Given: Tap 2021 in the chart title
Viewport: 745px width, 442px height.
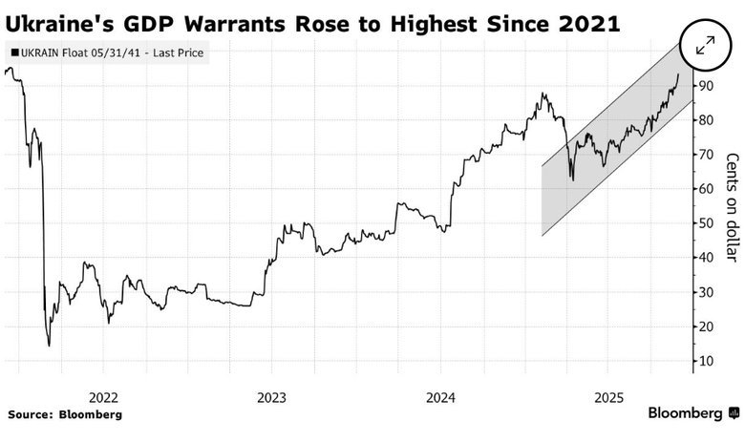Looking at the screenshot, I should point(583,21).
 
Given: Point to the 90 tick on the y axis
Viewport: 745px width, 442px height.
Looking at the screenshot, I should point(706,86).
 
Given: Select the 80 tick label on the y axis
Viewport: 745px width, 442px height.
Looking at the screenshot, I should point(706,120).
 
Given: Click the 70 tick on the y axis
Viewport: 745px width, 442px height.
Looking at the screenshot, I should point(706,155).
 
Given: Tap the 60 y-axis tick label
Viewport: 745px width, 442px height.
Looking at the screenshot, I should point(706,189).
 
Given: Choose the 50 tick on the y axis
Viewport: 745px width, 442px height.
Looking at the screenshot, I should point(706,223).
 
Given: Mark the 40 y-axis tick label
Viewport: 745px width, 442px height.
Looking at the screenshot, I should point(706,258).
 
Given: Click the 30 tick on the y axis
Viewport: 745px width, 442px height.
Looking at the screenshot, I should point(706,292).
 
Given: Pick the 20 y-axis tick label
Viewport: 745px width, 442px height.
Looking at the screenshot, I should point(706,326).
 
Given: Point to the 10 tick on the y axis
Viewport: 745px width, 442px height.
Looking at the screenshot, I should point(706,361).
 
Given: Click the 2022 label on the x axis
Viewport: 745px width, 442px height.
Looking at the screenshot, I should point(102,396).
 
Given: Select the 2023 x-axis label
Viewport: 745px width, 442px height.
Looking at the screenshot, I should point(271,396).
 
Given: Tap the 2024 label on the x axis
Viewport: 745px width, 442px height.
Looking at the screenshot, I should point(440,396).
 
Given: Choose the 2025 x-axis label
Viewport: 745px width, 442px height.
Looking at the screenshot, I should point(609,396).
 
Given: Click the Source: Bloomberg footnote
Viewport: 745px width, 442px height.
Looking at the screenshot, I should point(65,414).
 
